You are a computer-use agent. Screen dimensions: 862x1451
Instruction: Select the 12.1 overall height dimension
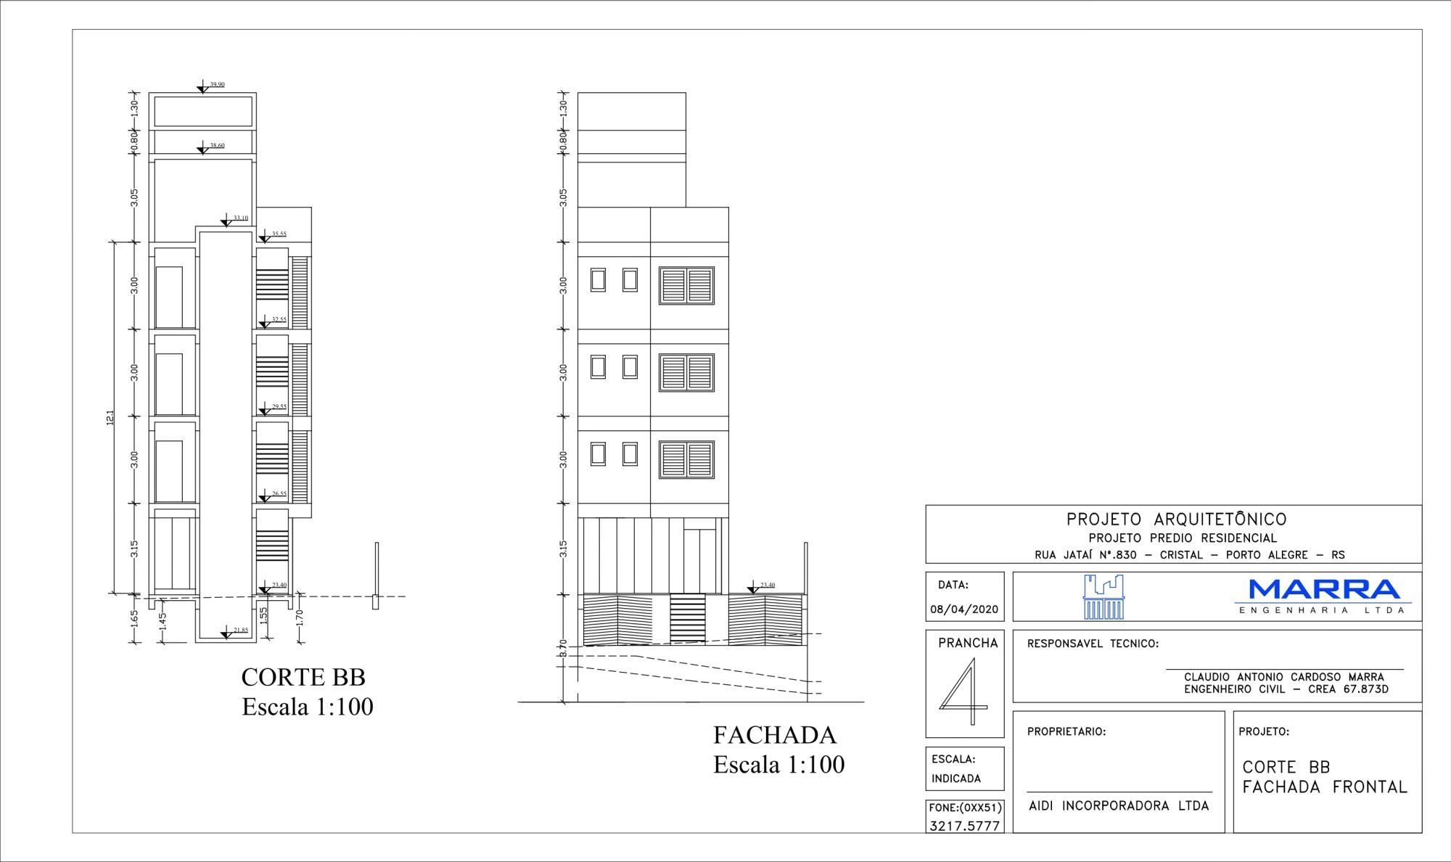[111, 417]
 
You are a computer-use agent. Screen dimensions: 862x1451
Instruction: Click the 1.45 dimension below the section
[163, 620]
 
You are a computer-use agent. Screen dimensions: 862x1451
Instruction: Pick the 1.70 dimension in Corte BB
[300, 617]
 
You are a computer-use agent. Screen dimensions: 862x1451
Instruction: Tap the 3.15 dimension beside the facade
[564, 549]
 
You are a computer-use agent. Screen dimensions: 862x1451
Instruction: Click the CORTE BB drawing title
[303, 677]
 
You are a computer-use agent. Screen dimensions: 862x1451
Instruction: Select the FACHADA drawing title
[774, 735]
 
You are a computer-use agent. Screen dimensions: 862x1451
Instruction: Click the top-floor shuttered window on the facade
[686, 285]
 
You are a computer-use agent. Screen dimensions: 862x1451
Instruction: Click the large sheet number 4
[964, 693]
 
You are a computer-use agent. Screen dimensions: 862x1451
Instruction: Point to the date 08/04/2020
[964, 609]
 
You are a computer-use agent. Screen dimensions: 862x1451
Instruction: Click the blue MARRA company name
[1323, 589]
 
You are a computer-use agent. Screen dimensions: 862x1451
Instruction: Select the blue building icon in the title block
[1103, 596]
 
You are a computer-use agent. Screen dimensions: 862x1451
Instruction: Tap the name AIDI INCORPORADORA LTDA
[1119, 805]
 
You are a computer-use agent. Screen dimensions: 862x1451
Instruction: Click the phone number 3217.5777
[964, 826]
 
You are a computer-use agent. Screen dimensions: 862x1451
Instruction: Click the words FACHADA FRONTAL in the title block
[1325, 787]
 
